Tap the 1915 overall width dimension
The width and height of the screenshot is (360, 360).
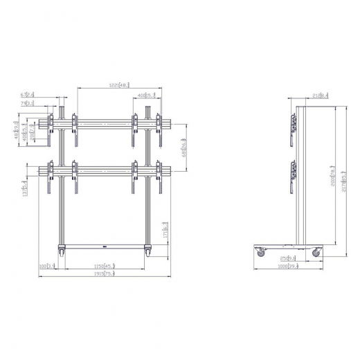coord(105,274)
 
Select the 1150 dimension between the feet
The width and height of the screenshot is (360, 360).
coord(105,267)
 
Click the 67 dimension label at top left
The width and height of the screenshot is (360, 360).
coord(47,95)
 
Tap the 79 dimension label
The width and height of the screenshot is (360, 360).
coord(47,103)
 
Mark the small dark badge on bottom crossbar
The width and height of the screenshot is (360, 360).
coord(104,245)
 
